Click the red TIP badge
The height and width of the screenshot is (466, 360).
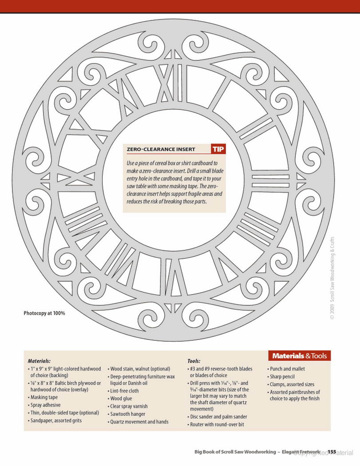218,149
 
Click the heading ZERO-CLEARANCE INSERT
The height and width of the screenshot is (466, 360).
161,150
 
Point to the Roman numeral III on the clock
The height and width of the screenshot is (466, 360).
270,181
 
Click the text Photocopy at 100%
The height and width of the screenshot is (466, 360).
44,313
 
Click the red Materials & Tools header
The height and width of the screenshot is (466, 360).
299,356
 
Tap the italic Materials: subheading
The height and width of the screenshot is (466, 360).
39,361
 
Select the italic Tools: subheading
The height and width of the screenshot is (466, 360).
194,361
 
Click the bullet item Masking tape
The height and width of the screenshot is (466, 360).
44,397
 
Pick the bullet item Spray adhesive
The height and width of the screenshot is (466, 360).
45,405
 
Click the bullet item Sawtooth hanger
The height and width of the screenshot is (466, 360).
127,414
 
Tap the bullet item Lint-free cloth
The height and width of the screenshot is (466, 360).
123,391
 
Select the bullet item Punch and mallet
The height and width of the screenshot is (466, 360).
286,369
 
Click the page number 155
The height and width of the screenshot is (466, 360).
332,452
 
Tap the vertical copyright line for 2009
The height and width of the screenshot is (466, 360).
332,278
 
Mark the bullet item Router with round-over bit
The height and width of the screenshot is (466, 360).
216,424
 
